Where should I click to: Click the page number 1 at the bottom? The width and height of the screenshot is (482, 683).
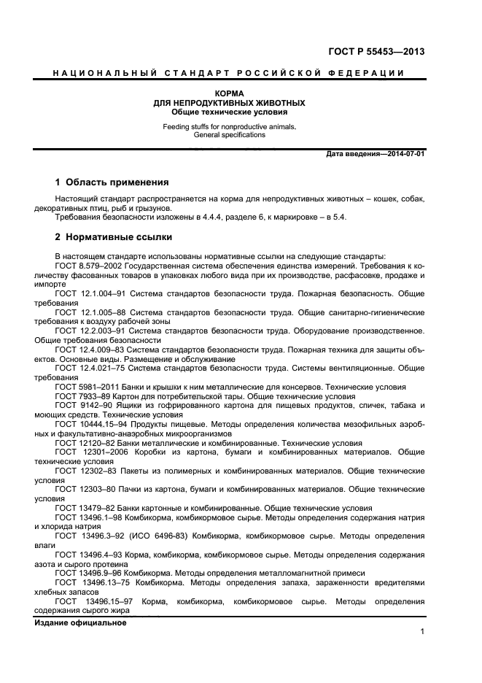coord(422,632)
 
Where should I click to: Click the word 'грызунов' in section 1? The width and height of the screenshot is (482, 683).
coord(182,208)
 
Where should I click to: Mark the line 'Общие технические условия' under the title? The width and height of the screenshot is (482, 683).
coord(229,112)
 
